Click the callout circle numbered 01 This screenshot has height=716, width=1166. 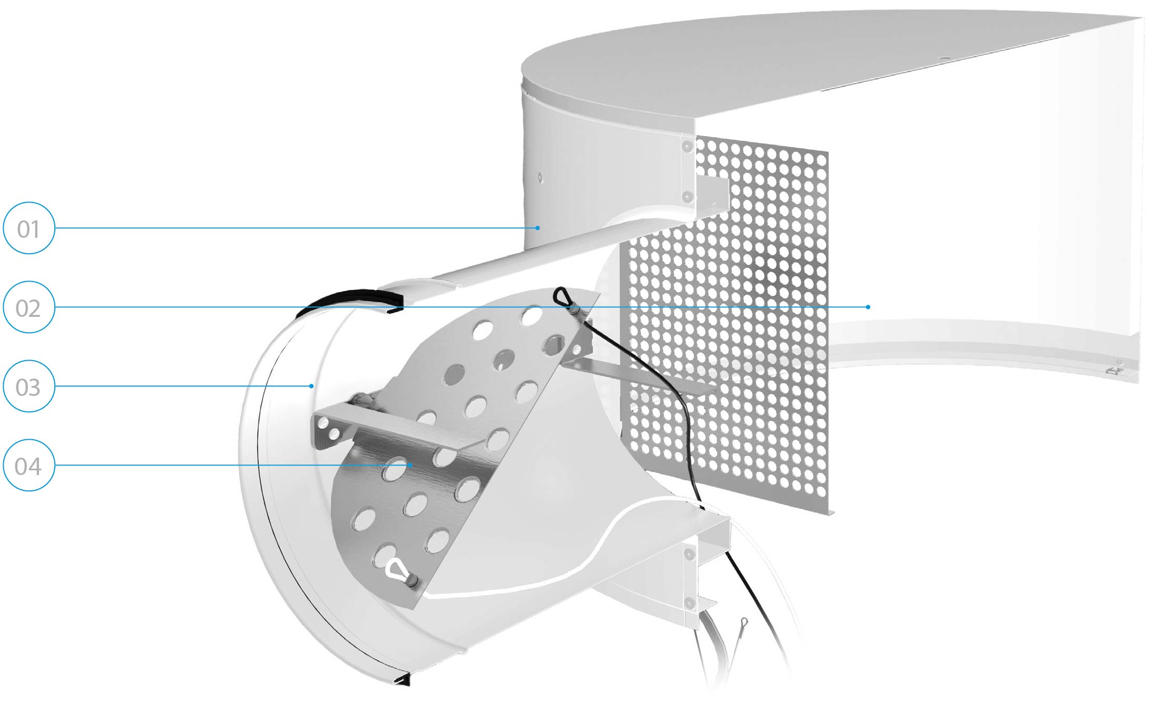click(29, 228)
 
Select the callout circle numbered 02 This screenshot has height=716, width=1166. click(29, 307)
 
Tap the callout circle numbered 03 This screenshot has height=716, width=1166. click(29, 386)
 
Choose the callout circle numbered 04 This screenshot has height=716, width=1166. click(29, 465)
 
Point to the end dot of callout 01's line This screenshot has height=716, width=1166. click(537, 228)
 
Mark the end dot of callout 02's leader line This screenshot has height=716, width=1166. click(868, 307)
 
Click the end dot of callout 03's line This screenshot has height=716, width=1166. click(311, 386)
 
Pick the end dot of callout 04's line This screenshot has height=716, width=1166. click(410, 465)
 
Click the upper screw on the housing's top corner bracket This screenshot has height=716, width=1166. click(687, 146)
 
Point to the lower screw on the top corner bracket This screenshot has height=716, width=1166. click(687, 197)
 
